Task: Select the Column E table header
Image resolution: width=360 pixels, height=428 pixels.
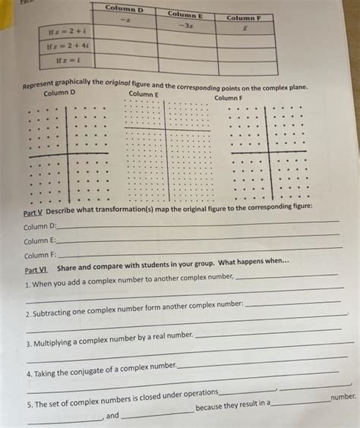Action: click(x=185, y=14)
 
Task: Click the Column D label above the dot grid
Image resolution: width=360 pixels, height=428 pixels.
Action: click(x=59, y=93)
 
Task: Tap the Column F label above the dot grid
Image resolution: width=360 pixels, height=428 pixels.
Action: click(x=229, y=98)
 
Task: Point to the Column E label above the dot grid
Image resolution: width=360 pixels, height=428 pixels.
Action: click(x=144, y=94)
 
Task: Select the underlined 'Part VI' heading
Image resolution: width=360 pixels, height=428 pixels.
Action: click(x=36, y=270)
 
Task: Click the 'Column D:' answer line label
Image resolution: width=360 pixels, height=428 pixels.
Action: click(x=39, y=226)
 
